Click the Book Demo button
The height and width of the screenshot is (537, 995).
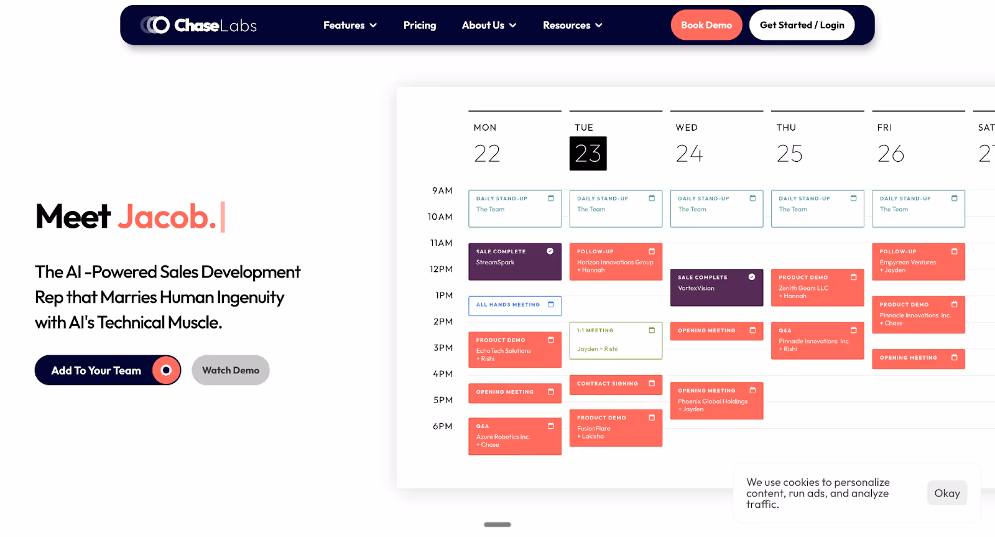tap(706, 26)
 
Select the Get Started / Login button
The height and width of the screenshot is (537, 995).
tap(802, 26)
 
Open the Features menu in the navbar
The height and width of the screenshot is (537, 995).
tap(349, 26)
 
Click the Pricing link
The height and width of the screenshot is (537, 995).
tap(420, 26)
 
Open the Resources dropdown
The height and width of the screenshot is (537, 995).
tap(572, 26)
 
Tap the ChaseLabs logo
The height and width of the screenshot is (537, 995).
tap(198, 25)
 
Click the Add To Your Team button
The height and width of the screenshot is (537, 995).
tap(107, 370)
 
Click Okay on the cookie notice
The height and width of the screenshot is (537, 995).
tap(946, 493)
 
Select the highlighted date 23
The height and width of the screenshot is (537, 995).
tap(588, 154)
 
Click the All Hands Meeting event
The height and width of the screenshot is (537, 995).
tap(514, 306)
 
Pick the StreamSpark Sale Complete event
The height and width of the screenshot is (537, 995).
tap(514, 261)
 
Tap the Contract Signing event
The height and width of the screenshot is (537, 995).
tap(615, 385)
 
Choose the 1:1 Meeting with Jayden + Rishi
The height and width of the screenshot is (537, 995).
tap(615, 340)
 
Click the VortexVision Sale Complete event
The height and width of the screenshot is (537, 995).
tap(716, 287)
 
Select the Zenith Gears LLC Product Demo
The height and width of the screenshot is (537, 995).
tap(817, 287)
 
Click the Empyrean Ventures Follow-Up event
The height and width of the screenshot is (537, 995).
tap(918, 261)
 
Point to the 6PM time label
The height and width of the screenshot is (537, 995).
tap(442, 426)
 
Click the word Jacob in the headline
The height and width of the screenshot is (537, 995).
tap(167, 217)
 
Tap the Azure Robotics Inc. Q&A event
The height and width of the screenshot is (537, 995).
tap(514, 436)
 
